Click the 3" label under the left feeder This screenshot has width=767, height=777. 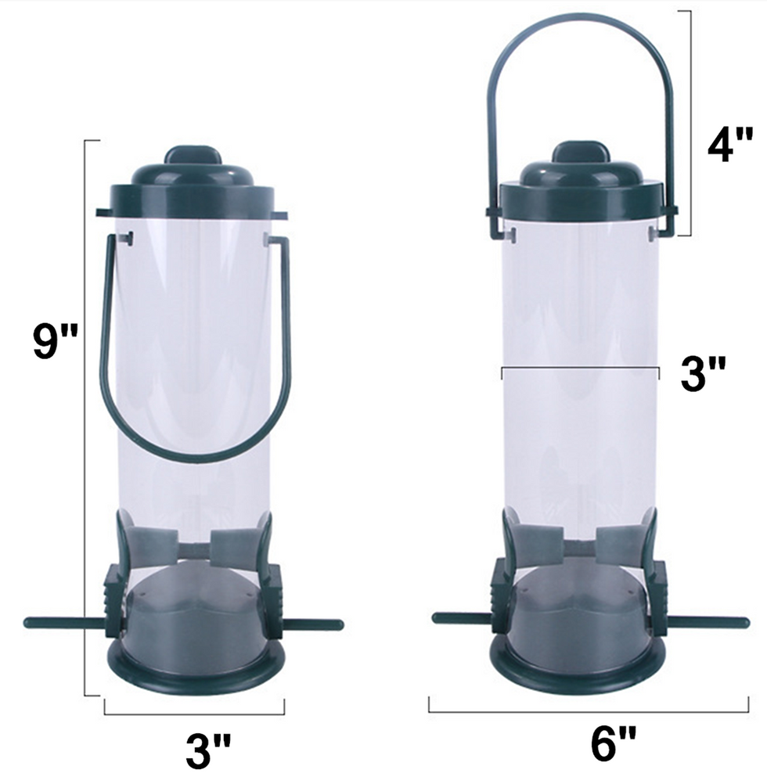pos(208,750)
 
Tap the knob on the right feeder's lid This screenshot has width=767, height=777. pos(580,153)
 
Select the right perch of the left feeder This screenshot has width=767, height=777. pos(313,624)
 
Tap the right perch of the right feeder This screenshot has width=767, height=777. pos(709,622)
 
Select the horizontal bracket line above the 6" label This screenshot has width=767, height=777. pos(587,711)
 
